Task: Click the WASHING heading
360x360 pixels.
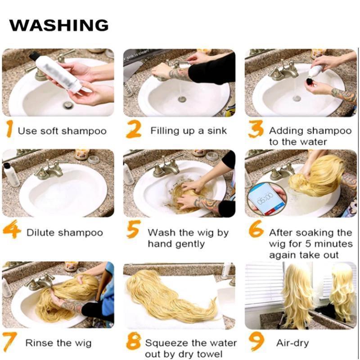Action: click(59, 25)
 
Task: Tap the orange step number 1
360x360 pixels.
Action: click(9, 129)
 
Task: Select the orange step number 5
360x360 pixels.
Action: click(133, 229)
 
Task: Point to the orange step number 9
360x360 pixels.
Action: click(256, 342)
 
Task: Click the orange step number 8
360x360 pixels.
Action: click(133, 342)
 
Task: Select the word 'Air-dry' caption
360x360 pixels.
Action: click(292, 343)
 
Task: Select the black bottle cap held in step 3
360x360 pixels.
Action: click(310, 81)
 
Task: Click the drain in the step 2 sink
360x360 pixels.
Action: click(182, 99)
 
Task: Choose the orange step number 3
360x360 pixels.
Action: click(256, 129)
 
